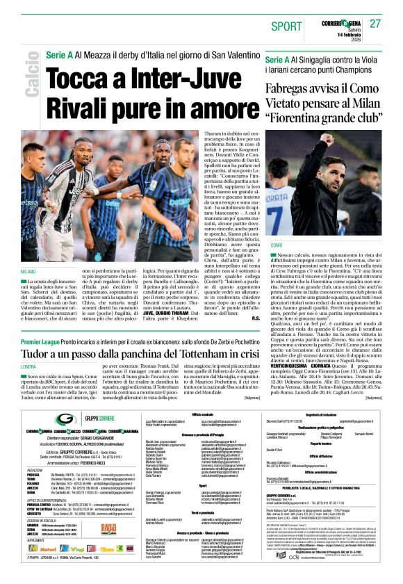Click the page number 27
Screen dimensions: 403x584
[x=375, y=23]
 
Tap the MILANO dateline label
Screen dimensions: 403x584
[x=28, y=270]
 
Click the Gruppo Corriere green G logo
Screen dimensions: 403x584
[x=66, y=419]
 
